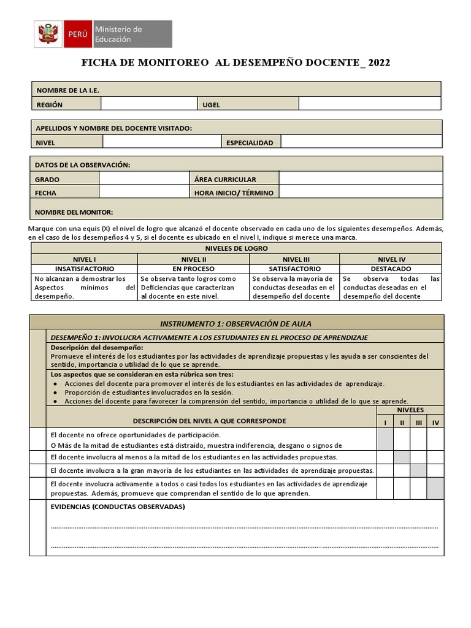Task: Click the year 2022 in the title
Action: tap(378, 63)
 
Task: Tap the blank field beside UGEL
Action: tap(370, 104)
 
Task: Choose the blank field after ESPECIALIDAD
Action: tap(361, 142)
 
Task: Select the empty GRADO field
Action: tap(144, 179)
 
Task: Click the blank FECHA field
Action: tap(144, 192)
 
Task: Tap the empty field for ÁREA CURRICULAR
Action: tap(360, 179)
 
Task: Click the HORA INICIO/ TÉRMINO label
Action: tap(234, 193)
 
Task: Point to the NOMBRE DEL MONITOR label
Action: tap(74, 212)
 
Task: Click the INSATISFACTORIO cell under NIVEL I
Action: tap(85, 269)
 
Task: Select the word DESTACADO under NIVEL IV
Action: tap(391, 269)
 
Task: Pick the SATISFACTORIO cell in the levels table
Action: tap(294, 269)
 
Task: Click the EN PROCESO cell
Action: tap(193, 269)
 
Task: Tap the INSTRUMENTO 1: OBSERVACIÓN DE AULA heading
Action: tap(237, 323)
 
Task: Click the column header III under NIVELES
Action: tap(418, 423)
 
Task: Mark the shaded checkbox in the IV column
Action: tap(435, 489)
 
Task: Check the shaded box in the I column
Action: tap(385, 439)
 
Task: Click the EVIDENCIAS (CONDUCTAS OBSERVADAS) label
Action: tap(117, 507)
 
